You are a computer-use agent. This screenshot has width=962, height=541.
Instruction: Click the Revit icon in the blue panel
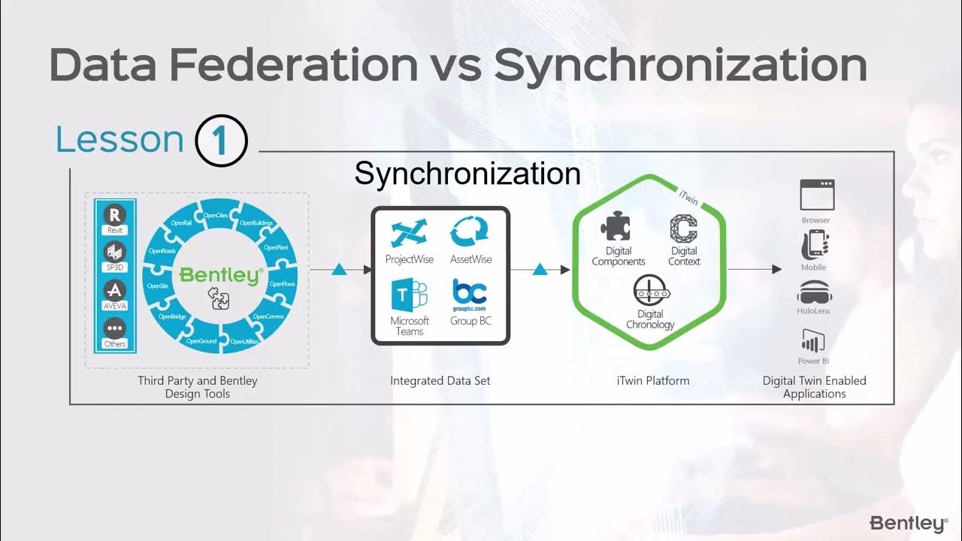coord(115,214)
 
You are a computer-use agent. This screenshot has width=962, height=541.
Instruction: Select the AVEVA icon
coord(115,291)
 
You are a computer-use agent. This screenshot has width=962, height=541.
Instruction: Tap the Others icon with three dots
coord(115,329)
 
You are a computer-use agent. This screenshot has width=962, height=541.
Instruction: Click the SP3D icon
coord(115,252)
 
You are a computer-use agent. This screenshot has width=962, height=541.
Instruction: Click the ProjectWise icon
coord(409,233)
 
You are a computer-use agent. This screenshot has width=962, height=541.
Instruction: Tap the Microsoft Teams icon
coord(409,295)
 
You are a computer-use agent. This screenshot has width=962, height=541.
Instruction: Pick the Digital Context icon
coord(684,229)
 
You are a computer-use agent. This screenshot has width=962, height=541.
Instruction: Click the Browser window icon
coord(815,195)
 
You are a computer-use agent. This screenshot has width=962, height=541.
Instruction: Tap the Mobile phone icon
coord(814,244)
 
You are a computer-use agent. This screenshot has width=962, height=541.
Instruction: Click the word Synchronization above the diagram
coord(467,174)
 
